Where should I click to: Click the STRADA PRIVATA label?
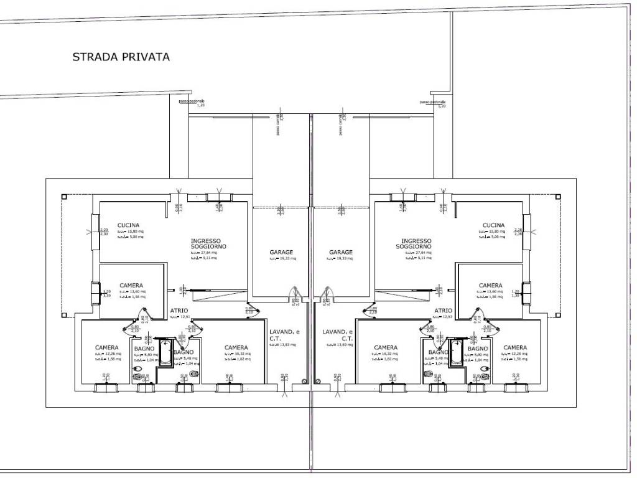pyautogui.click(x=121, y=57)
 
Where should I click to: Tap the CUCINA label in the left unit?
pyautogui.click(x=128, y=225)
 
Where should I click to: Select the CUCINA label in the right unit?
pyautogui.click(x=493, y=225)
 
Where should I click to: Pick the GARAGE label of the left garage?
pyautogui.click(x=281, y=252)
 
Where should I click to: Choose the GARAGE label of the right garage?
pyautogui.click(x=341, y=252)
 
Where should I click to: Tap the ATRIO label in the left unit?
pyautogui.click(x=179, y=310)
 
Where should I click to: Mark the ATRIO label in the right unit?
pyautogui.click(x=443, y=310)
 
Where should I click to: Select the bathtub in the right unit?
pyautogui.click(x=457, y=352)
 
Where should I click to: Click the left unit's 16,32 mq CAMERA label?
pyautogui.click(x=236, y=347)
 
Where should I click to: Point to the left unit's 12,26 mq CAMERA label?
pyautogui.click(x=107, y=347)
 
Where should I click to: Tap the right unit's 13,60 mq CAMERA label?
pyautogui.click(x=491, y=286)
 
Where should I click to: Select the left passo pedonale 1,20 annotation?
pyautogui.click(x=191, y=103)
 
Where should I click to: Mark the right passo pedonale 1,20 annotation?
pyautogui.click(x=433, y=103)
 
